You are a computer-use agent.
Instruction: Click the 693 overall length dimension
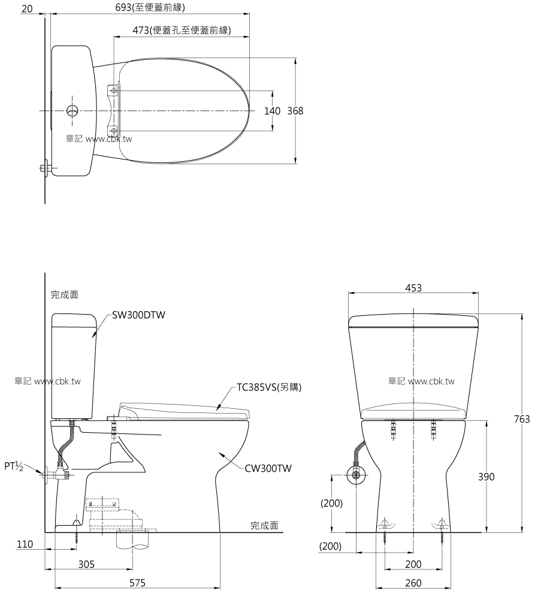150,8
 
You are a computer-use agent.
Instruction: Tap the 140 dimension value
273,111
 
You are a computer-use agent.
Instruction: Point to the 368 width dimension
295,111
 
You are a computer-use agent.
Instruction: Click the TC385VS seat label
269,387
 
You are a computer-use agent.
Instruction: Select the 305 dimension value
87,565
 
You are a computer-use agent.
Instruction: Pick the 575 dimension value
138,583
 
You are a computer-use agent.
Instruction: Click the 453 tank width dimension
413,288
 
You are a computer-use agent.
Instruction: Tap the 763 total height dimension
521,420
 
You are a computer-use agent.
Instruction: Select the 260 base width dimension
413,583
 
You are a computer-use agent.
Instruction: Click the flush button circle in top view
72,111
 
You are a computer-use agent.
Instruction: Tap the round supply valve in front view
356,477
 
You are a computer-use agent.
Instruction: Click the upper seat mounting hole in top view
113,90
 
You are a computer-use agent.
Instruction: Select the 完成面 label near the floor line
264,526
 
